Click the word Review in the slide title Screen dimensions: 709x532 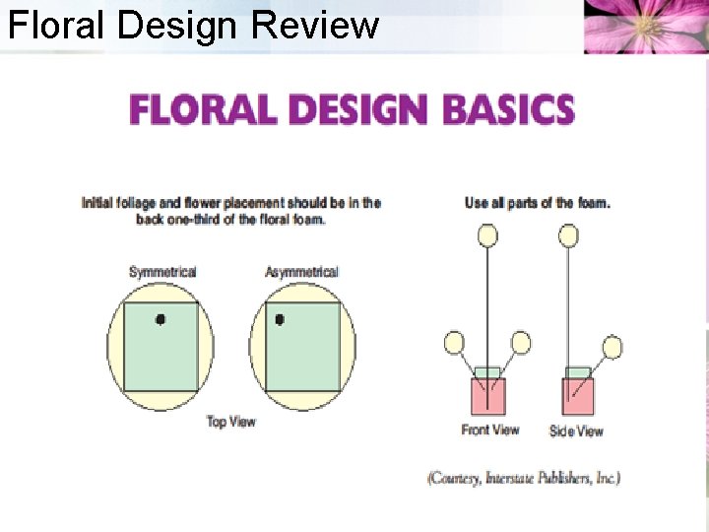(314, 25)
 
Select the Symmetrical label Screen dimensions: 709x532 (162, 272)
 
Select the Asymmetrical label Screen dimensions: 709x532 (301, 272)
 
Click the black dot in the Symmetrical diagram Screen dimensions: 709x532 (160, 318)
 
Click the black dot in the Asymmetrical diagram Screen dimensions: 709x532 (280, 319)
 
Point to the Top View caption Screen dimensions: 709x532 (230, 422)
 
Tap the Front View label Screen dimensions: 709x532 (490, 430)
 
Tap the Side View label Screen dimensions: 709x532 (577, 431)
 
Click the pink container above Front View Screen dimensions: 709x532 (487, 396)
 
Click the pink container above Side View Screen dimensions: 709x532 (578, 396)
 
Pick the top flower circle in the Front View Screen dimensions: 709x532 (487, 234)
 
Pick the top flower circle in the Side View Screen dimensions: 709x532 (568, 234)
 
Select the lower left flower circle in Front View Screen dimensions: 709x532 (454, 343)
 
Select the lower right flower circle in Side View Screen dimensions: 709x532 (612, 347)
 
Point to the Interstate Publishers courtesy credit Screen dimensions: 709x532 (523, 478)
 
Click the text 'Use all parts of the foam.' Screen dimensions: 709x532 (538, 203)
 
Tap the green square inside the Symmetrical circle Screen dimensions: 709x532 (162, 347)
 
